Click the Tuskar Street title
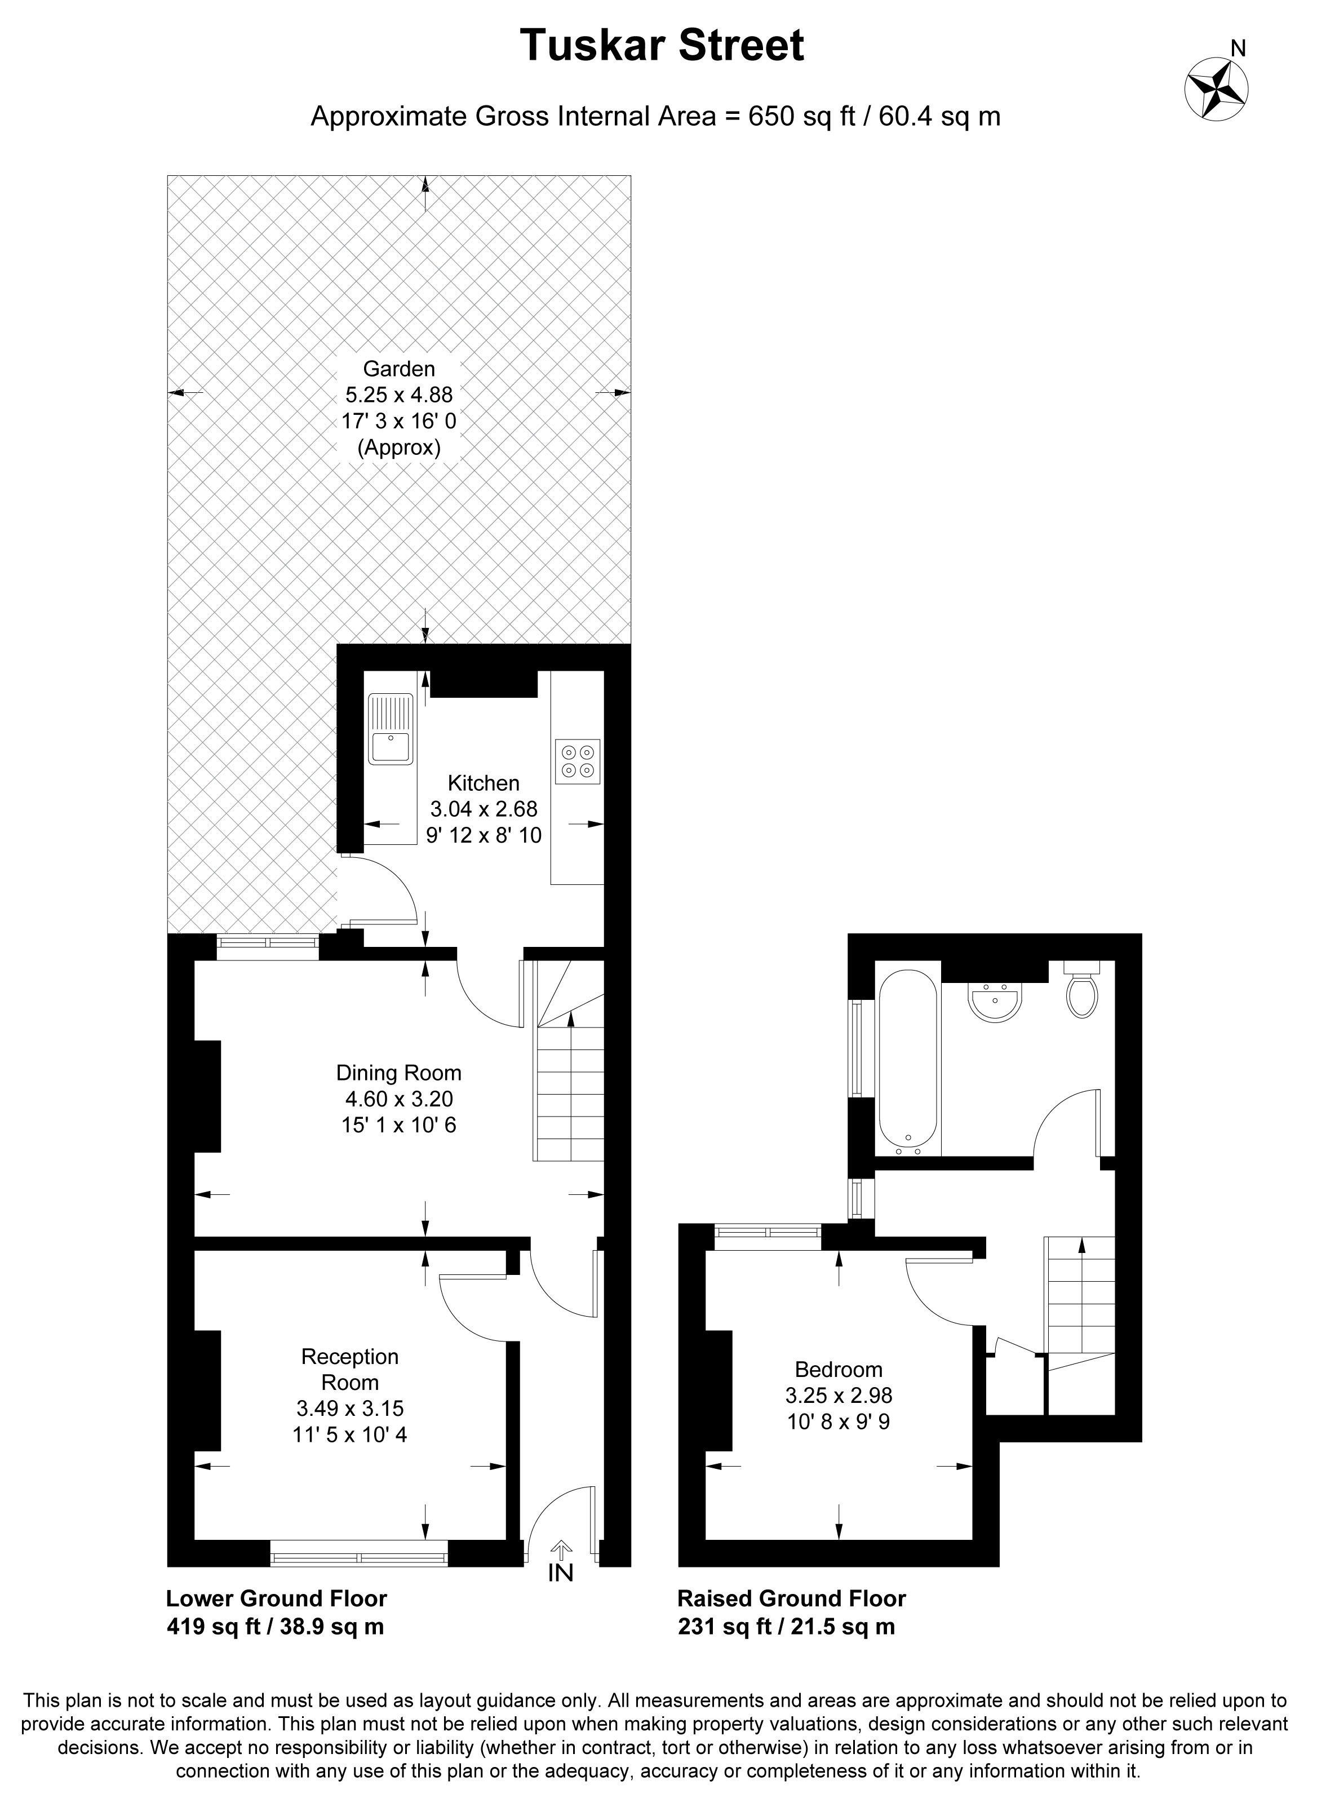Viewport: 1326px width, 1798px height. pos(662,45)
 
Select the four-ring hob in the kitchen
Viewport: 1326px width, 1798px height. pos(578,761)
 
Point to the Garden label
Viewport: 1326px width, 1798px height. pos(399,369)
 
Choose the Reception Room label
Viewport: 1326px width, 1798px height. pos(350,1370)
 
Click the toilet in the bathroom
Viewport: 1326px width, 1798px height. pos(1082,990)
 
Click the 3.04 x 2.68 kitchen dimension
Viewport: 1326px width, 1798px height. pos(484,809)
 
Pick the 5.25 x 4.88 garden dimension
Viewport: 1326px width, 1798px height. pos(399,395)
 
